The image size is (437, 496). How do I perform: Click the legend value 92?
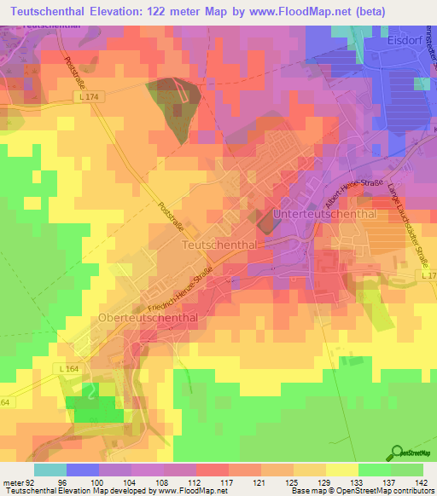click(x=28, y=481)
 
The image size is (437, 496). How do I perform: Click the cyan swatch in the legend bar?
click(x=50, y=470)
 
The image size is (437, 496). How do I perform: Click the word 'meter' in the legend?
click(x=11, y=481)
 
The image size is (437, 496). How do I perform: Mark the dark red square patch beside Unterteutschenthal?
click(x=265, y=224)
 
